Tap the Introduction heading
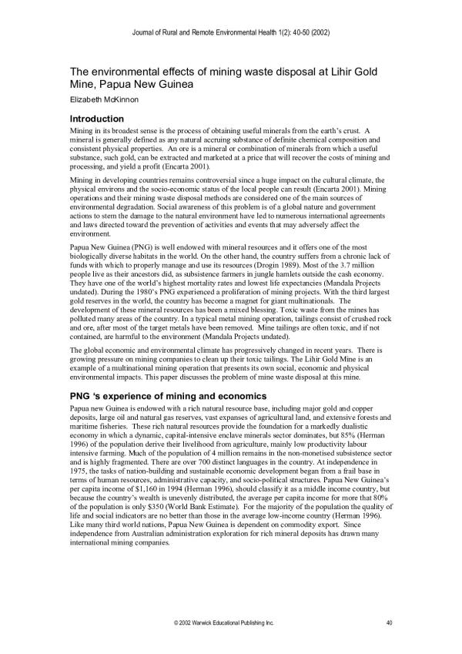(x=97, y=119)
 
